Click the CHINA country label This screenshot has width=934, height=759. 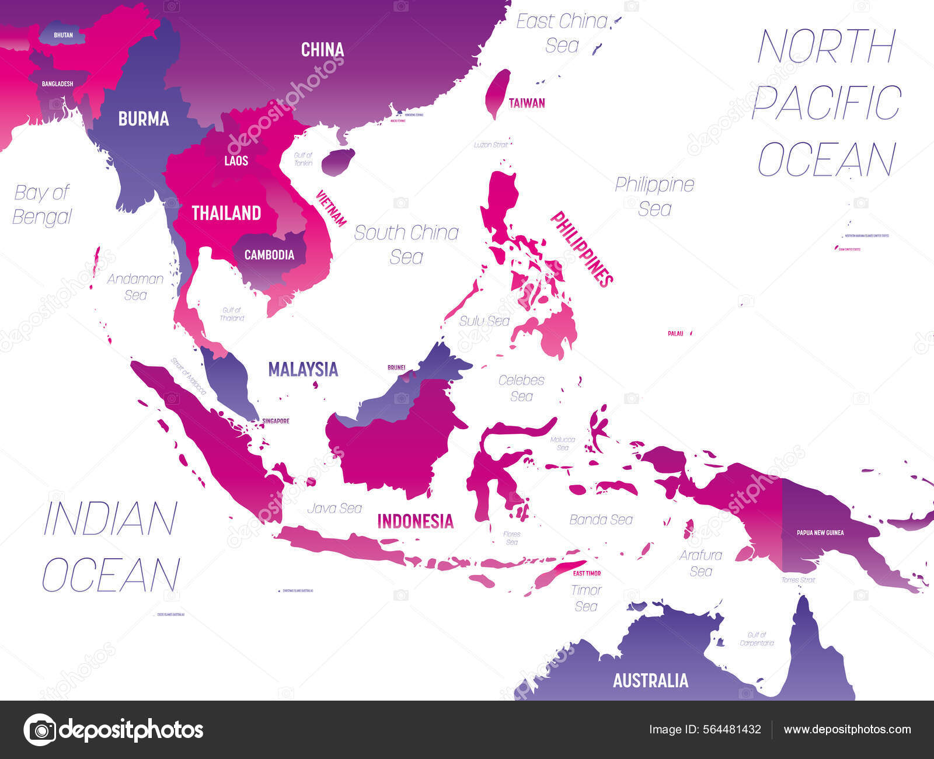pyautogui.click(x=322, y=50)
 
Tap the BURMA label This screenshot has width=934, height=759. pyautogui.click(x=144, y=119)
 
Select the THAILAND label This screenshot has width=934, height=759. pyautogui.click(x=226, y=213)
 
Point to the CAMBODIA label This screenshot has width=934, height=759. pyautogui.click(x=269, y=255)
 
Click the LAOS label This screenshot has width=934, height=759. pyautogui.click(x=236, y=161)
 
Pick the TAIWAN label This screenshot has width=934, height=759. pyautogui.click(x=527, y=103)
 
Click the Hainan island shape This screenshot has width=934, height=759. pyautogui.click(x=338, y=161)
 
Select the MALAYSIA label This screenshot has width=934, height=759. pyautogui.click(x=303, y=369)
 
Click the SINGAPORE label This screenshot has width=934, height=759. pyautogui.click(x=276, y=421)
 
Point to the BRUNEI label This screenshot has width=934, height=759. pyautogui.click(x=396, y=368)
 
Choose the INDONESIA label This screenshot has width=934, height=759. pyautogui.click(x=415, y=521)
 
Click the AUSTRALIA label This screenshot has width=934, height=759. pyautogui.click(x=650, y=681)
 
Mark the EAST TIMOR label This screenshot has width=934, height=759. pyautogui.click(x=587, y=573)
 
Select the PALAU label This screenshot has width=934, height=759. pyautogui.click(x=675, y=333)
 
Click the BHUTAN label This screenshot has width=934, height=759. pyautogui.click(x=63, y=35)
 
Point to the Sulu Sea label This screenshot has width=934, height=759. pyautogui.click(x=484, y=321)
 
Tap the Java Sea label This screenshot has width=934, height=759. pyautogui.click(x=334, y=509)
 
